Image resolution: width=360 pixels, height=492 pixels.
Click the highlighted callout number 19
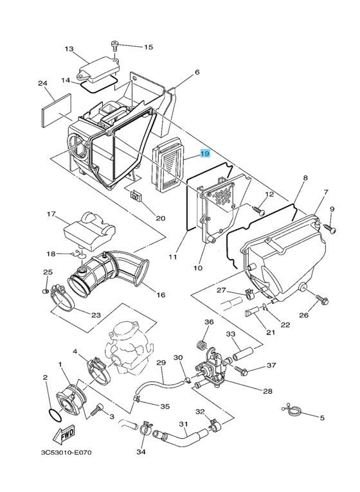pos(204,154)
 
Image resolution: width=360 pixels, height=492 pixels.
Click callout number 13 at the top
pos(69,49)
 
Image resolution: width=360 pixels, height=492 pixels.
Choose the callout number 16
pos(160,295)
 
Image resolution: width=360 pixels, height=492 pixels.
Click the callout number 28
pos(267,391)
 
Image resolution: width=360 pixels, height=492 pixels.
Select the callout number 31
pos(183,424)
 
